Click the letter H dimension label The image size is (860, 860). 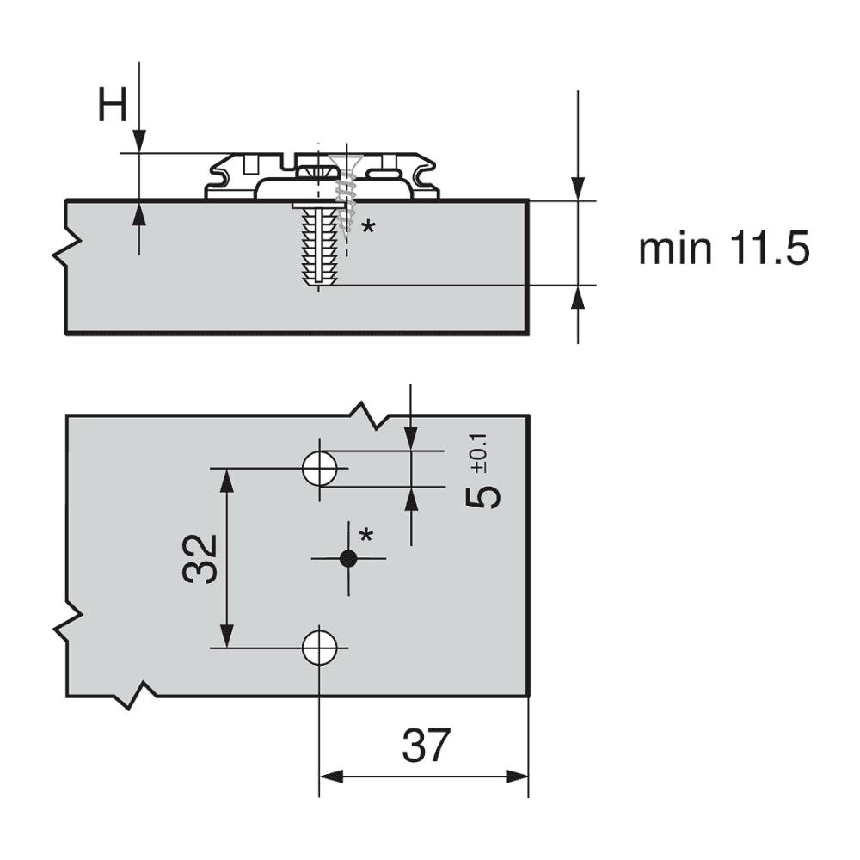[111, 107]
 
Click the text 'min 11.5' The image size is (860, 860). [723, 249]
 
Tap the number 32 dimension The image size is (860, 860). [200, 558]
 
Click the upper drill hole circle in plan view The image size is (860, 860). [319, 468]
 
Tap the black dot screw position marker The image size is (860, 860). [347, 558]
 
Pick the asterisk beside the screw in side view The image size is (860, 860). [368, 227]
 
